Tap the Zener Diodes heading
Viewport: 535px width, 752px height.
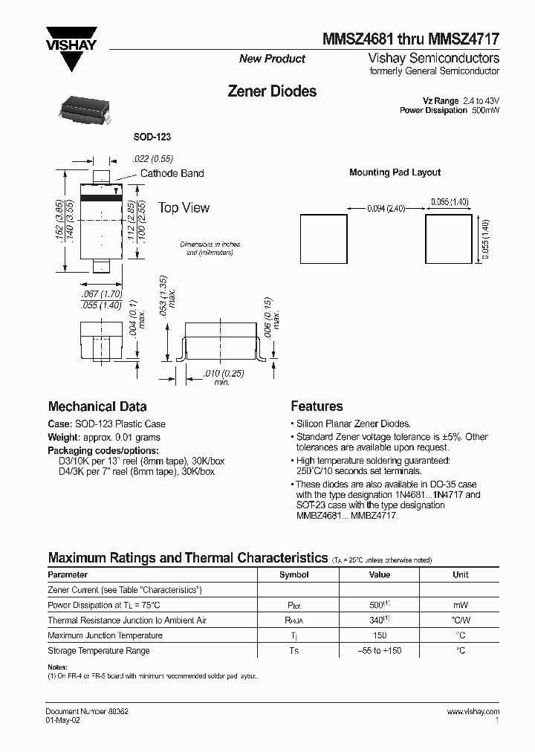click(x=271, y=91)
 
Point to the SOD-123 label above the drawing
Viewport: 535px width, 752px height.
click(x=152, y=137)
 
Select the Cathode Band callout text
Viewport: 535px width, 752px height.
click(x=172, y=173)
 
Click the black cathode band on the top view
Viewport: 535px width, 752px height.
click(x=101, y=199)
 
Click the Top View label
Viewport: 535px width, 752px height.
click(x=184, y=208)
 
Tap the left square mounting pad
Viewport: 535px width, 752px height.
click(x=323, y=238)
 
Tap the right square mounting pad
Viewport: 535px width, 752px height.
click(x=448, y=238)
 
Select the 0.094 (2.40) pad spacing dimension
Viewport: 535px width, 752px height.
click(x=386, y=209)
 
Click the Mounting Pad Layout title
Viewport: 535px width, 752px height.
click(x=395, y=172)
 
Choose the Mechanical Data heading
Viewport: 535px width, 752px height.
click(x=97, y=406)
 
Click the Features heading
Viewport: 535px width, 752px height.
click(x=317, y=406)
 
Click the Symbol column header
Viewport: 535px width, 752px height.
click(x=294, y=574)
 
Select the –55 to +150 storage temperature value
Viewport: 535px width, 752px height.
click(x=379, y=651)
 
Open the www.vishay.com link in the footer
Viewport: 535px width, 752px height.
click(x=473, y=712)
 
